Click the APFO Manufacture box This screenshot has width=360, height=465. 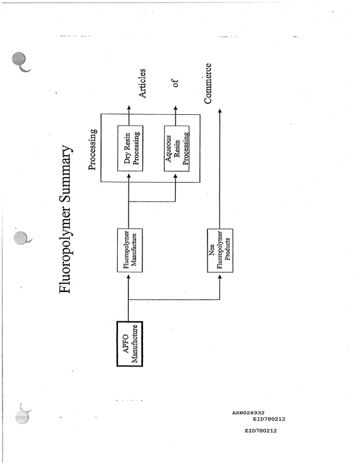pyautogui.click(x=129, y=344)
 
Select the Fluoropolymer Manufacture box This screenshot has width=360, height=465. pyautogui.click(x=130, y=250)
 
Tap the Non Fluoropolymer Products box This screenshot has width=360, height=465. pyautogui.click(x=220, y=250)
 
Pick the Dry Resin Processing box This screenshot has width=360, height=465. pyautogui.click(x=130, y=148)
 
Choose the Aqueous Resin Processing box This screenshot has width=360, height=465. pyautogui.click(x=177, y=148)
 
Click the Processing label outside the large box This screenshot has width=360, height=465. pyautogui.click(x=92, y=149)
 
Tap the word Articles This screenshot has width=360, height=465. pyautogui.click(x=142, y=83)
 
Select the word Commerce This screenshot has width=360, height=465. pyautogui.click(x=208, y=83)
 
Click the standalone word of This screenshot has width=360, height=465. pyautogui.click(x=176, y=83)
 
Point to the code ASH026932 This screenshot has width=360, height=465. pyautogui.click(x=248, y=412)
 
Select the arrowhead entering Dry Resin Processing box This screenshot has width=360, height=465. pyautogui.click(x=129, y=176)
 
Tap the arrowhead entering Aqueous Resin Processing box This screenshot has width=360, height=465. pyautogui.click(x=175, y=176)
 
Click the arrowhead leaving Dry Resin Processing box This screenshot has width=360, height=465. pyautogui.click(x=129, y=108)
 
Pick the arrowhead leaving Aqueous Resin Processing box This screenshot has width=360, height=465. pyautogui.click(x=176, y=108)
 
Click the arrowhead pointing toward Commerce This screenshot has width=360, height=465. pyautogui.click(x=220, y=111)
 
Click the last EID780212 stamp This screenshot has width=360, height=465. pyautogui.click(x=261, y=430)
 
